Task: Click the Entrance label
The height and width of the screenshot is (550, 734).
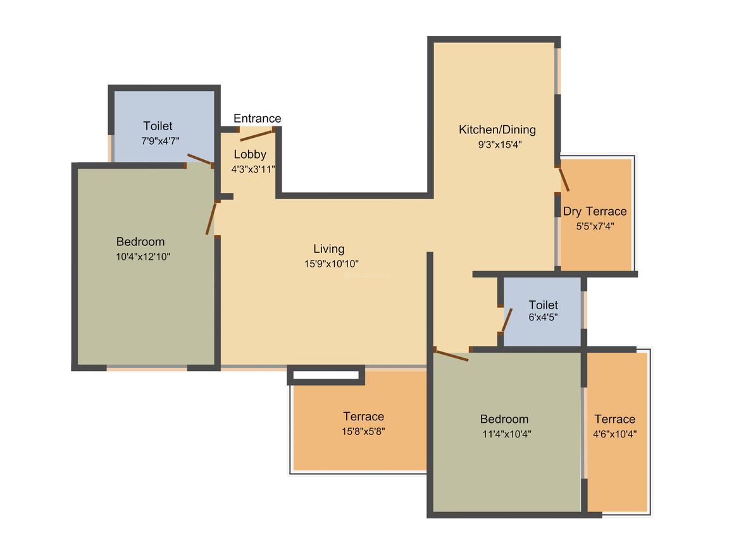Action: click(x=257, y=118)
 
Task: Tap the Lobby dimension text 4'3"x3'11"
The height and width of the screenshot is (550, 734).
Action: click(x=253, y=169)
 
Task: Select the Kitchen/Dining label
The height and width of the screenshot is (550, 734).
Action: click(x=497, y=130)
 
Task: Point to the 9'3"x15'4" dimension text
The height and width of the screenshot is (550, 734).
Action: click(x=499, y=145)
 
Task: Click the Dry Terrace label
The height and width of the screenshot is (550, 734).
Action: click(x=595, y=211)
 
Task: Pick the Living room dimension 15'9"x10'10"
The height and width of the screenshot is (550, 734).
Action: click(x=332, y=264)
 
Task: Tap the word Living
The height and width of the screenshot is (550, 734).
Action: click(x=328, y=249)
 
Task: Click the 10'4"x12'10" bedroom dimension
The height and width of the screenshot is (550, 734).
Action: click(x=143, y=257)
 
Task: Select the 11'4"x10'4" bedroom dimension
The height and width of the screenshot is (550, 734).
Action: click(x=506, y=434)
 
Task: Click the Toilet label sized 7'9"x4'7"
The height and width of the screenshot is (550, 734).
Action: click(x=158, y=126)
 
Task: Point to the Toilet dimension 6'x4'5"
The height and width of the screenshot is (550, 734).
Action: click(x=543, y=317)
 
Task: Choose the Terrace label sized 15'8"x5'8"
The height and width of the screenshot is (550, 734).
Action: click(x=363, y=416)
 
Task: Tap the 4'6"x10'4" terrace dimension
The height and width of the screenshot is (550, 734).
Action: click(x=614, y=434)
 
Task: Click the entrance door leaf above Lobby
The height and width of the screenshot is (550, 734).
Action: click(x=256, y=136)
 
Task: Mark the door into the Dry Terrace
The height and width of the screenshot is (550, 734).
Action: click(x=564, y=180)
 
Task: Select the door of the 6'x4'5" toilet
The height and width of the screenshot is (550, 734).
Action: click(x=506, y=321)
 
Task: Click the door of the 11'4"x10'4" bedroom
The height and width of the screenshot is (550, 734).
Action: click(x=451, y=355)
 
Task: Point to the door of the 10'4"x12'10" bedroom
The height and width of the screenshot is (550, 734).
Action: click(x=211, y=218)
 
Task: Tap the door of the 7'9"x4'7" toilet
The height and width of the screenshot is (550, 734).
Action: click(x=200, y=159)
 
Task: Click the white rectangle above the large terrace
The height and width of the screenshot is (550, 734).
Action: click(x=326, y=375)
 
